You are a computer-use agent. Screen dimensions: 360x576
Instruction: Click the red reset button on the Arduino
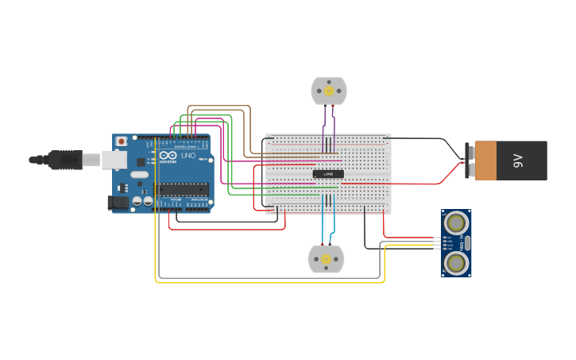(x=121, y=141)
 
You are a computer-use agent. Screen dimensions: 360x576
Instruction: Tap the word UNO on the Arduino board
(x=188, y=156)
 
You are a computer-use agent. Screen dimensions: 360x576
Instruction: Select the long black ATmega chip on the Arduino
(x=182, y=189)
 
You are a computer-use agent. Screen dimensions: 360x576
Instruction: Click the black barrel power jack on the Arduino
(x=118, y=203)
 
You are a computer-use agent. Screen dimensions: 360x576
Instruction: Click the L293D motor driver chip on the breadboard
(x=328, y=174)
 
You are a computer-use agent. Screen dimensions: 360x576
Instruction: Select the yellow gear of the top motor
(x=329, y=91)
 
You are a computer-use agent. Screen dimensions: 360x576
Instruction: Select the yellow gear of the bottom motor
(x=327, y=259)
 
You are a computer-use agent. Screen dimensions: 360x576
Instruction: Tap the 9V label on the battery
(x=517, y=161)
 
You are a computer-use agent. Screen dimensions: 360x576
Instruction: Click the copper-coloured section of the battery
(x=485, y=161)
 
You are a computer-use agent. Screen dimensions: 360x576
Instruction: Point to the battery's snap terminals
(x=469, y=160)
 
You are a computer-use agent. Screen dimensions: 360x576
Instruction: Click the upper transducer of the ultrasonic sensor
(x=456, y=222)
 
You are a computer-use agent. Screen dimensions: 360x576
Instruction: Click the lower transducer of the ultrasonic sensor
(x=456, y=263)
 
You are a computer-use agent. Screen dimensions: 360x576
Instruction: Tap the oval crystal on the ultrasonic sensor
(x=467, y=242)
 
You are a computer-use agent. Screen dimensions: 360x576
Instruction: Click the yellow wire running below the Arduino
(x=270, y=282)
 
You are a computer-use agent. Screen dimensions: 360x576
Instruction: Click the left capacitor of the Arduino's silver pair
(x=137, y=202)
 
